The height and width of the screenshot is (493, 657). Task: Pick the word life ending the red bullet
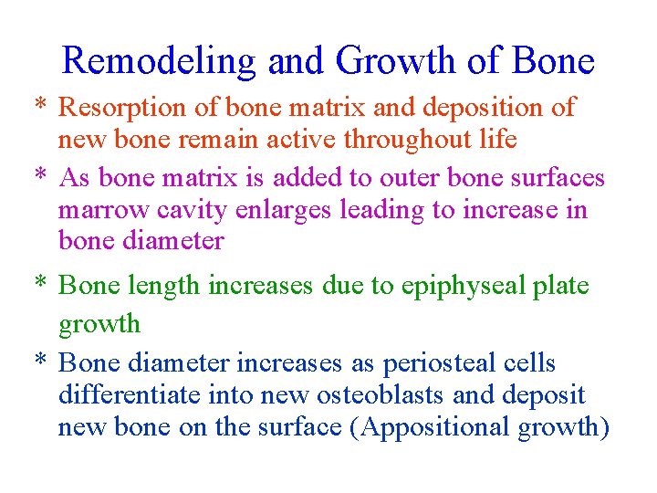(499, 140)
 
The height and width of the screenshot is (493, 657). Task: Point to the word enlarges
(282, 210)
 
